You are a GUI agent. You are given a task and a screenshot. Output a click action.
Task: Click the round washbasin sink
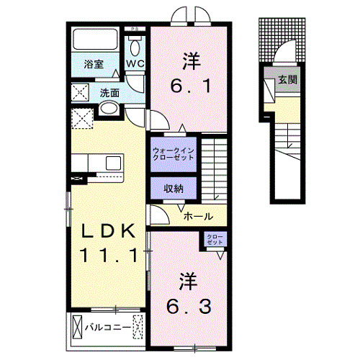coord(107,109)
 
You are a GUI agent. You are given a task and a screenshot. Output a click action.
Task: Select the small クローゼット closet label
coord(215,239)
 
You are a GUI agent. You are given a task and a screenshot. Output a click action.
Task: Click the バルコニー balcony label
coord(108,328)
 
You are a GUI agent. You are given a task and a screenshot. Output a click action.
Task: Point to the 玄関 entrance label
coord(288,80)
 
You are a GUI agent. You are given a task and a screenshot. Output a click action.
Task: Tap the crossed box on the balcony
coord(77,328)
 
